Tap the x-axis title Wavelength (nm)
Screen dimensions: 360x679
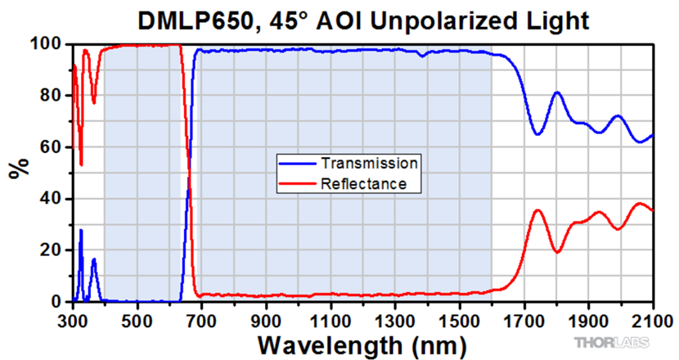pyautogui.click(x=363, y=341)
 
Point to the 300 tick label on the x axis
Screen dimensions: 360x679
pyautogui.click(x=74, y=317)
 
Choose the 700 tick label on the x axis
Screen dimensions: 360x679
pyautogui.click(x=202, y=317)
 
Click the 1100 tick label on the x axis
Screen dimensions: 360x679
pyautogui.click(x=331, y=317)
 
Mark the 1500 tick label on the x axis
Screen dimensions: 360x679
pyautogui.click(x=460, y=317)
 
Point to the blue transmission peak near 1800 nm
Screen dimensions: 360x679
pyautogui.click(x=557, y=92)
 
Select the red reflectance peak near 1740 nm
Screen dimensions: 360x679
pyautogui.click(x=537, y=210)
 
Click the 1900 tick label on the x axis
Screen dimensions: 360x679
pyautogui.click(x=588, y=317)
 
